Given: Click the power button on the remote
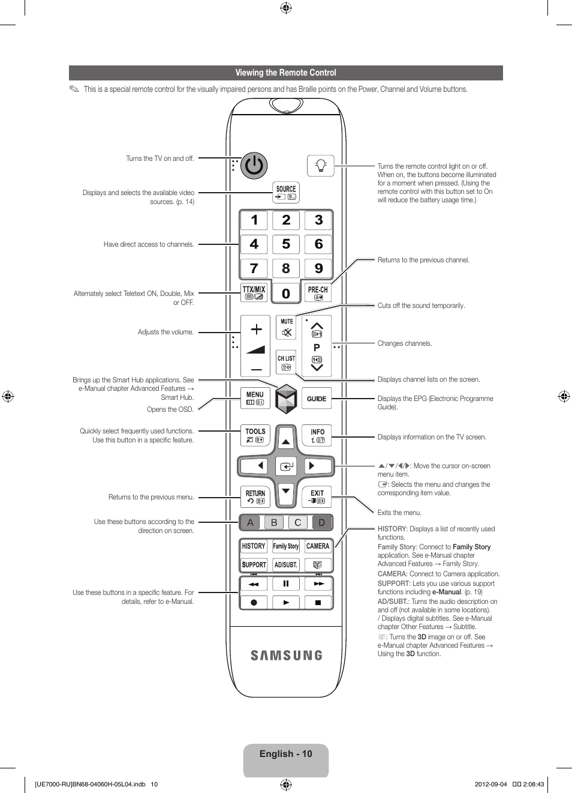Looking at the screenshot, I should click(x=254, y=165).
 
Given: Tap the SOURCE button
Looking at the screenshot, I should click(x=286, y=192).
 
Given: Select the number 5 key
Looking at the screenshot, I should click(x=286, y=244).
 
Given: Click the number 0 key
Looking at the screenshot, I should click(x=286, y=294).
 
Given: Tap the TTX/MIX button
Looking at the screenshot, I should click(x=254, y=292).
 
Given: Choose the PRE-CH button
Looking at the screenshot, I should click(x=318, y=292).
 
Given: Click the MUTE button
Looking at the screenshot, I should click(x=287, y=328).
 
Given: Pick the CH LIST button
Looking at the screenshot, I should click(x=286, y=362).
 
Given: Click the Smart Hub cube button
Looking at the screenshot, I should click(x=286, y=399).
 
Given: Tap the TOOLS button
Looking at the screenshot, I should click(x=255, y=435).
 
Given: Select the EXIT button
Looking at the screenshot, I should click(x=317, y=496).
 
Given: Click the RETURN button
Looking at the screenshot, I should click(x=255, y=496).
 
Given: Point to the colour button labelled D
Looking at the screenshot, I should click(x=321, y=522).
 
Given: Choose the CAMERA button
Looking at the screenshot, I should click(x=317, y=546).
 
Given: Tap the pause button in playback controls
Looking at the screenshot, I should click(x=286, y=583).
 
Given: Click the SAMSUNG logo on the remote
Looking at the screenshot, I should click(x=287, y=656).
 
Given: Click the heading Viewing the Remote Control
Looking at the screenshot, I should click(x=286, y=73).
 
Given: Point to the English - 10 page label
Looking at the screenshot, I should click(x=286, y=754).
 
